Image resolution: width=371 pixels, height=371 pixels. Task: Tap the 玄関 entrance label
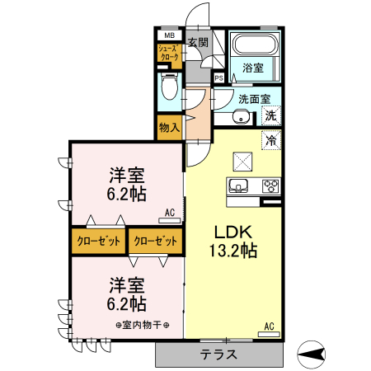pyautogui.click(x=197, y=42)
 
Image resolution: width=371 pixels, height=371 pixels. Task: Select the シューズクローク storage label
pyautogui.click(x=169, y=54)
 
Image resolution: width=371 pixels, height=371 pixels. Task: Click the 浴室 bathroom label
pyautogui.click(x=253, y=68)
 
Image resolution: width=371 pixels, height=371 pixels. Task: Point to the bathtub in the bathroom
pyautogui.click(x=254, y=46)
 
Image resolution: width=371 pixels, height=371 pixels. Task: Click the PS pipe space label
pyautogui.click(x=218, y=78)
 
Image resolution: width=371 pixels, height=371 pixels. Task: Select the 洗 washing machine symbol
pyautogui.click(x=271, y=116)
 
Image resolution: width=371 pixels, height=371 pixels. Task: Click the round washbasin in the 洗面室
pyautogui.click(x=242, y=117)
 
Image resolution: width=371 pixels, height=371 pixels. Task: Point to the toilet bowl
pyautogui.click(x=170, y=85)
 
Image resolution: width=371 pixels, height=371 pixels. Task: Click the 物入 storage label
pyautogui.click(x=169, y=128)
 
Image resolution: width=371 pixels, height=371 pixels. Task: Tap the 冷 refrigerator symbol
pyautogui.click(x=270, y=140)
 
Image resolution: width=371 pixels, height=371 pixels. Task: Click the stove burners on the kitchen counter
pyautogui.click(x=271, y=185)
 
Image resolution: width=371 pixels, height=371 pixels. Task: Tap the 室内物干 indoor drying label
pyautogui.click(x=142, y=324)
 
